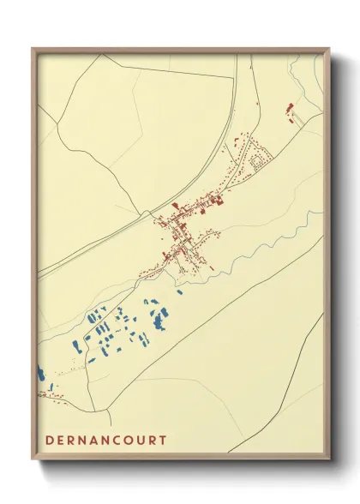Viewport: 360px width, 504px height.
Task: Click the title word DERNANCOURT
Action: (106, 440)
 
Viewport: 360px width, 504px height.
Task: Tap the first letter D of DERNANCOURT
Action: (50, 440)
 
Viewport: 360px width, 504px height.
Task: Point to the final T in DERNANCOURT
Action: (163, 440)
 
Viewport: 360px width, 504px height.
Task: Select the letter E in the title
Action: (61, 440)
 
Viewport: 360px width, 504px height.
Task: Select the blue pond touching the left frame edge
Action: (39, 374)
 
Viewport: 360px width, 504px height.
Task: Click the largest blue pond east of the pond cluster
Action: (159, 321)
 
